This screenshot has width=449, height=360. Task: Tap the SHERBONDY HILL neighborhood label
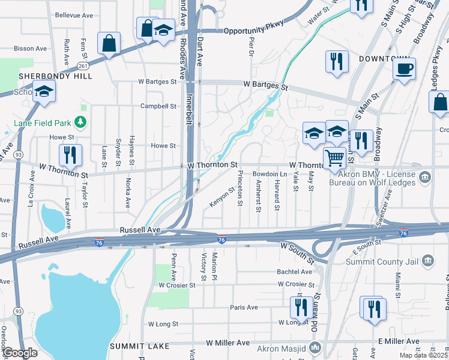(55, 77)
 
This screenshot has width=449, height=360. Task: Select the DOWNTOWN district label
(384, 59)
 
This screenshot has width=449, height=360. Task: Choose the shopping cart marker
(334, 158)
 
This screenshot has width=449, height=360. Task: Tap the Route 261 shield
(83, 65)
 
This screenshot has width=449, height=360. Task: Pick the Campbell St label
(158, 106)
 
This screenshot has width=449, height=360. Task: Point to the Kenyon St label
(221, 197)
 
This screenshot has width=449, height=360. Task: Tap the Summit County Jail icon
(427, 260)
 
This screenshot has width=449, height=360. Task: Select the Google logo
(20, 353)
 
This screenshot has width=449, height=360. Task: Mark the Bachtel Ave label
(294, 272)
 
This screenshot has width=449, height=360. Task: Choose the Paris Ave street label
(244, 307)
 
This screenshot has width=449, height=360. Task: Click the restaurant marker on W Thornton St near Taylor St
(71, 155)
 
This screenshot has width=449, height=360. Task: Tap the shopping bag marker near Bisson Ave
(109, 43)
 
